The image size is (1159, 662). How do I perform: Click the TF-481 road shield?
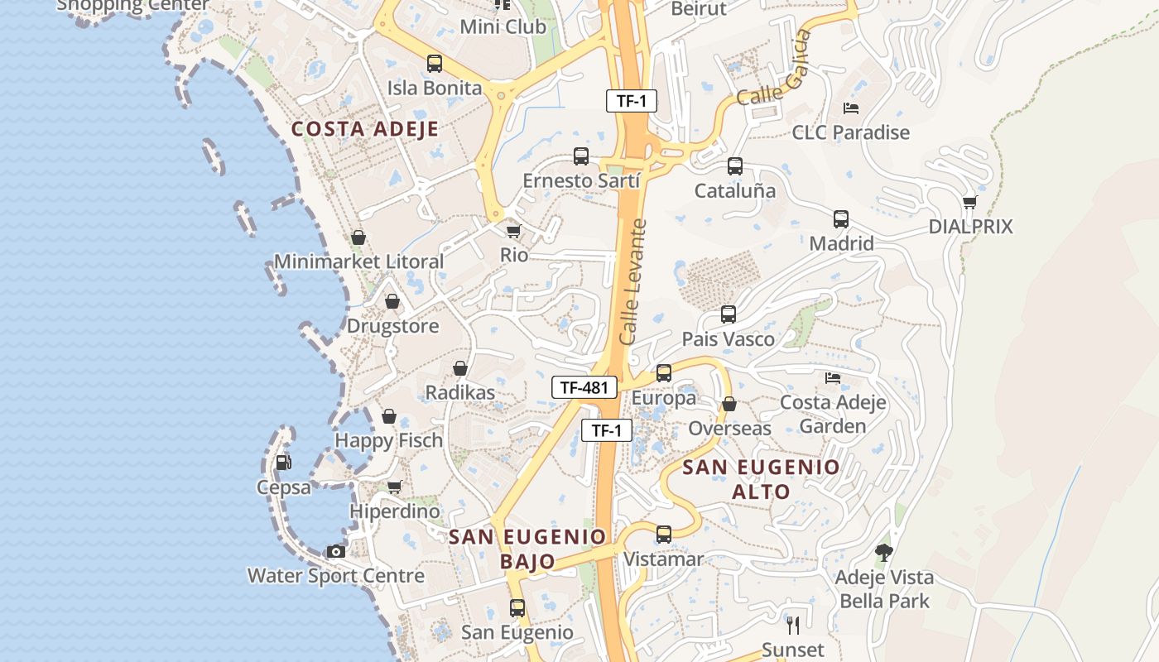(x=584, y=386)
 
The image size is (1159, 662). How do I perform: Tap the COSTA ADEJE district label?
(x=365, y=129)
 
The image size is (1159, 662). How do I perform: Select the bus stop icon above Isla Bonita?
(x=435, y=64)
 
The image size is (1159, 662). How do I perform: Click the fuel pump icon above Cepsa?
(x=283, y=463)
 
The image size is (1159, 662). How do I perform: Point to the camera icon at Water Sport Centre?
(x=335, y=551)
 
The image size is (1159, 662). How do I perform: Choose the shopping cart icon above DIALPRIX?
(x=970, y=202)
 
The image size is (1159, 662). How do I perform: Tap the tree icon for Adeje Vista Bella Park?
(x=884, y=552)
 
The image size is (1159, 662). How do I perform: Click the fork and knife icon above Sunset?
(x=792, y=625)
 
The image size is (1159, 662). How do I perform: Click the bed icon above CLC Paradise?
(x=850, y=108)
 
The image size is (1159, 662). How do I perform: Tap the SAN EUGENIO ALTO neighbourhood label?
(x=761, y=479)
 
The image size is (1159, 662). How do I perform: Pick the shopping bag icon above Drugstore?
(x=392, y=301)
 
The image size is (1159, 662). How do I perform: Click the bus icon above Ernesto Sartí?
(x=581, y=156)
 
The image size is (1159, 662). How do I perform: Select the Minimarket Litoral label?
(x=358, y=261)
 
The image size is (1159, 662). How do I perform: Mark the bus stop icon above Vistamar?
(x=664, y=535)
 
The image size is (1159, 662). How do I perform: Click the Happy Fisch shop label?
(x=388, y=440)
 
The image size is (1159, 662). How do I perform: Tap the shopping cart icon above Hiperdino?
(x=395, y=487)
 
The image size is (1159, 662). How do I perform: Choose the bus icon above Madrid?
(x=841, y=219)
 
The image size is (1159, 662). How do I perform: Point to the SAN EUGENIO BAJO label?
(x=528, y=549)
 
